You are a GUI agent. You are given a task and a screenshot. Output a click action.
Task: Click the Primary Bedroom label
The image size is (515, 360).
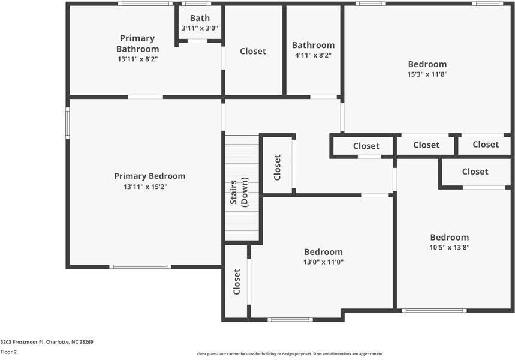(150, 176)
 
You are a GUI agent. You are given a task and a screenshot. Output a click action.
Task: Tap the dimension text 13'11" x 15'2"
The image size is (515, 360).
(146, 187)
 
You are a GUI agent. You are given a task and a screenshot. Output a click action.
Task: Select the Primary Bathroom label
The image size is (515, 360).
(138, 43)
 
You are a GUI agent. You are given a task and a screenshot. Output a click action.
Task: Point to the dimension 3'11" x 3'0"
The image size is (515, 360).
(200, 28)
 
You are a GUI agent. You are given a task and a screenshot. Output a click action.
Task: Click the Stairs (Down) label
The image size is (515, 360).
(239, 192)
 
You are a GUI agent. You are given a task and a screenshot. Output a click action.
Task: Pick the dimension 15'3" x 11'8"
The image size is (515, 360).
(427, 74)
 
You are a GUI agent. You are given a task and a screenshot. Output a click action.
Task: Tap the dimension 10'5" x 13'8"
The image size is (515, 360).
(450, 247)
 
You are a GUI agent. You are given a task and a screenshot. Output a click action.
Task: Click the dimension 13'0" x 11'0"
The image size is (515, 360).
(324, 262)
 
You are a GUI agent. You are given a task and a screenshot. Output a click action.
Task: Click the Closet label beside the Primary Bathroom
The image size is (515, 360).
(253, 51)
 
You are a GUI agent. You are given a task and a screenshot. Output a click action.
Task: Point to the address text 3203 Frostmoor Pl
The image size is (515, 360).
(22, 342)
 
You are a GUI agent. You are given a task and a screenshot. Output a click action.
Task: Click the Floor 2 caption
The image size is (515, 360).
(8, 352)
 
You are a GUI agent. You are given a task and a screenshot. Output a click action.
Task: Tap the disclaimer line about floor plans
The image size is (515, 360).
(290, 354)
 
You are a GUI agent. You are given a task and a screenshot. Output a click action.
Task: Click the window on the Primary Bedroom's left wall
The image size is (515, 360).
(68, 123)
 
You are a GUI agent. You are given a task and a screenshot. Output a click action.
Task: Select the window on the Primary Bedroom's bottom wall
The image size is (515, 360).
(140, 266)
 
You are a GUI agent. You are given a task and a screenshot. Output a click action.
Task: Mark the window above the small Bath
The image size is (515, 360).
(197, 4)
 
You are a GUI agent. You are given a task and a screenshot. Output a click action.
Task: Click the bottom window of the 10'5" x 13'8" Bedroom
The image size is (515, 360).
(434, 310)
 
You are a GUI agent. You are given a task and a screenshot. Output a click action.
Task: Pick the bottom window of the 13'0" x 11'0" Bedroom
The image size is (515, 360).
(290, 319)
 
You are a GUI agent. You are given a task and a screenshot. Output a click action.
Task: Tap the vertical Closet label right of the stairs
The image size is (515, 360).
(277, 167)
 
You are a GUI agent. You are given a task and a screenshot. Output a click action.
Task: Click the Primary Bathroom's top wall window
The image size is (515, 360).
(145, 4)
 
